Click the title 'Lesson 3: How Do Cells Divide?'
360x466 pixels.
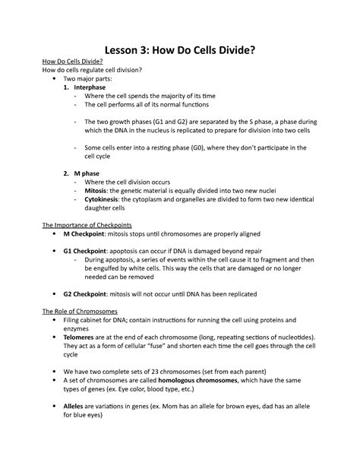[179, 49]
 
